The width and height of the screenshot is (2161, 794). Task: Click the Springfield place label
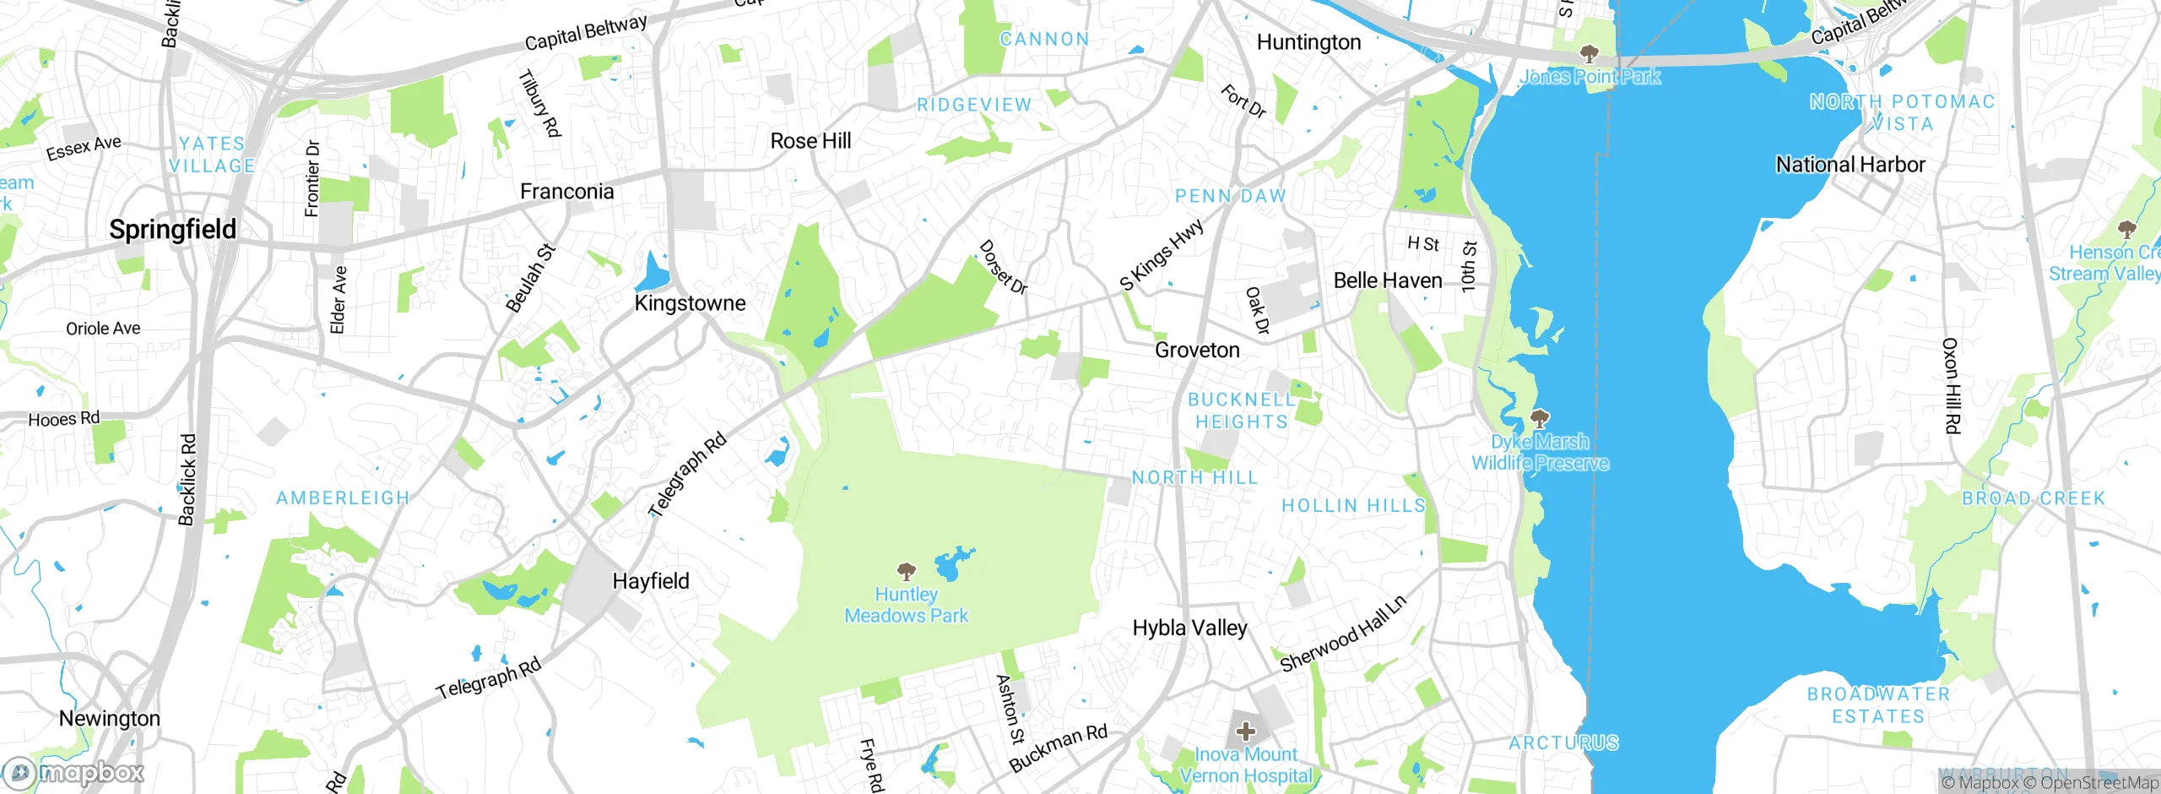click(x=173, y=230)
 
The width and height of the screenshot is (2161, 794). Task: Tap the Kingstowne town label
click(x=690, y=303)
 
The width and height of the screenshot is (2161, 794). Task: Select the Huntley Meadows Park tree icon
click(x=907, y=572)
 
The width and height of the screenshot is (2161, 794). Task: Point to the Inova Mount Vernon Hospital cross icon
click(x=1246, y=731)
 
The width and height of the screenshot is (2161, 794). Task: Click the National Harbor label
click(x=1850, y=165)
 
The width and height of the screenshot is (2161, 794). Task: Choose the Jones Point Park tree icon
click(x=1590, y=55)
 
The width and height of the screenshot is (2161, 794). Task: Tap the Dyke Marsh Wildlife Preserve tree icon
click(x=1540, y=418)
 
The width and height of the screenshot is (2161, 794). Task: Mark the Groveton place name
click(x=1197, y=351)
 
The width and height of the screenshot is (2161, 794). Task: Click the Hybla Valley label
click(x=1189, y=628)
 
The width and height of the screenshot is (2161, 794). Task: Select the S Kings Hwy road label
click(x=1162, y=255)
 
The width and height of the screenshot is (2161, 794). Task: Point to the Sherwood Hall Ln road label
click(x=1343, y=634)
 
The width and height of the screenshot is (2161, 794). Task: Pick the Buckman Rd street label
click(x=1058, y=748)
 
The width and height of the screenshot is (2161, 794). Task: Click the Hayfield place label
click(x=651, y=581)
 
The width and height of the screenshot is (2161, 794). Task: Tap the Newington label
click(x=110, y=719)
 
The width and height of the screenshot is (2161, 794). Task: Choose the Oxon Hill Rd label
click(x=1951, y=386)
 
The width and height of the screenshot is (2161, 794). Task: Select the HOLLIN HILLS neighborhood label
click(x=1353, y=506)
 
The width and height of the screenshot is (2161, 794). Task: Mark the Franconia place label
click(x=566, y=192)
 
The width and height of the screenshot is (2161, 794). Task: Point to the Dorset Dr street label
click(x=1003, y=268)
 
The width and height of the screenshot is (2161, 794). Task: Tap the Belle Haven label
click(x=1388, y=280)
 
